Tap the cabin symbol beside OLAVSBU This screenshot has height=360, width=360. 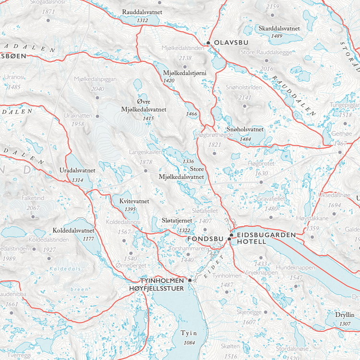[x=208, y=43]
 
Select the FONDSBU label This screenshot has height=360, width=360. [x=206, y=238]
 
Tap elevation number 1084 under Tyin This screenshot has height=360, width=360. [x=189, y=342]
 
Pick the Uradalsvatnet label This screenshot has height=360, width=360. [x=77, y=170]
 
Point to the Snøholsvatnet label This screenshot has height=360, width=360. [x=245, y=129]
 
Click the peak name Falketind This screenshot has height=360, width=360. [x=33, y=198]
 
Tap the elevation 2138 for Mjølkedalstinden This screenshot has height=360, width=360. [x=185, y=58]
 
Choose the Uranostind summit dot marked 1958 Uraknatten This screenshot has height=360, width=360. [x=97, y=116]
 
